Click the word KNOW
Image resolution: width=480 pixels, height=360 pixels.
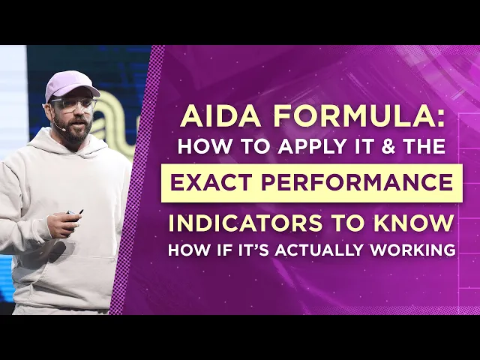423,223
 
